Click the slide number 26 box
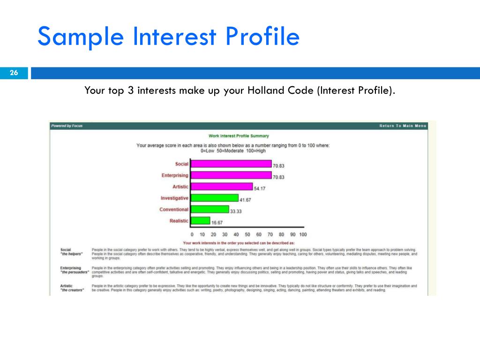[x=14, y=73]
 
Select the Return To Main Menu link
[x=403, y=126]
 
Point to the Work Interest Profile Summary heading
[x=239, y=136]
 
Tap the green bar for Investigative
[x=214, y=198]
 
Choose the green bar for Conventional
[x=210, y=210]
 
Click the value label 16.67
[x=217, y=223]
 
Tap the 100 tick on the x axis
[x=302, y=234]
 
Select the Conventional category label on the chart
[x=173, y=210]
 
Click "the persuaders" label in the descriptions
[x=75, y=272]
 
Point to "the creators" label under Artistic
[x=72, y=290]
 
